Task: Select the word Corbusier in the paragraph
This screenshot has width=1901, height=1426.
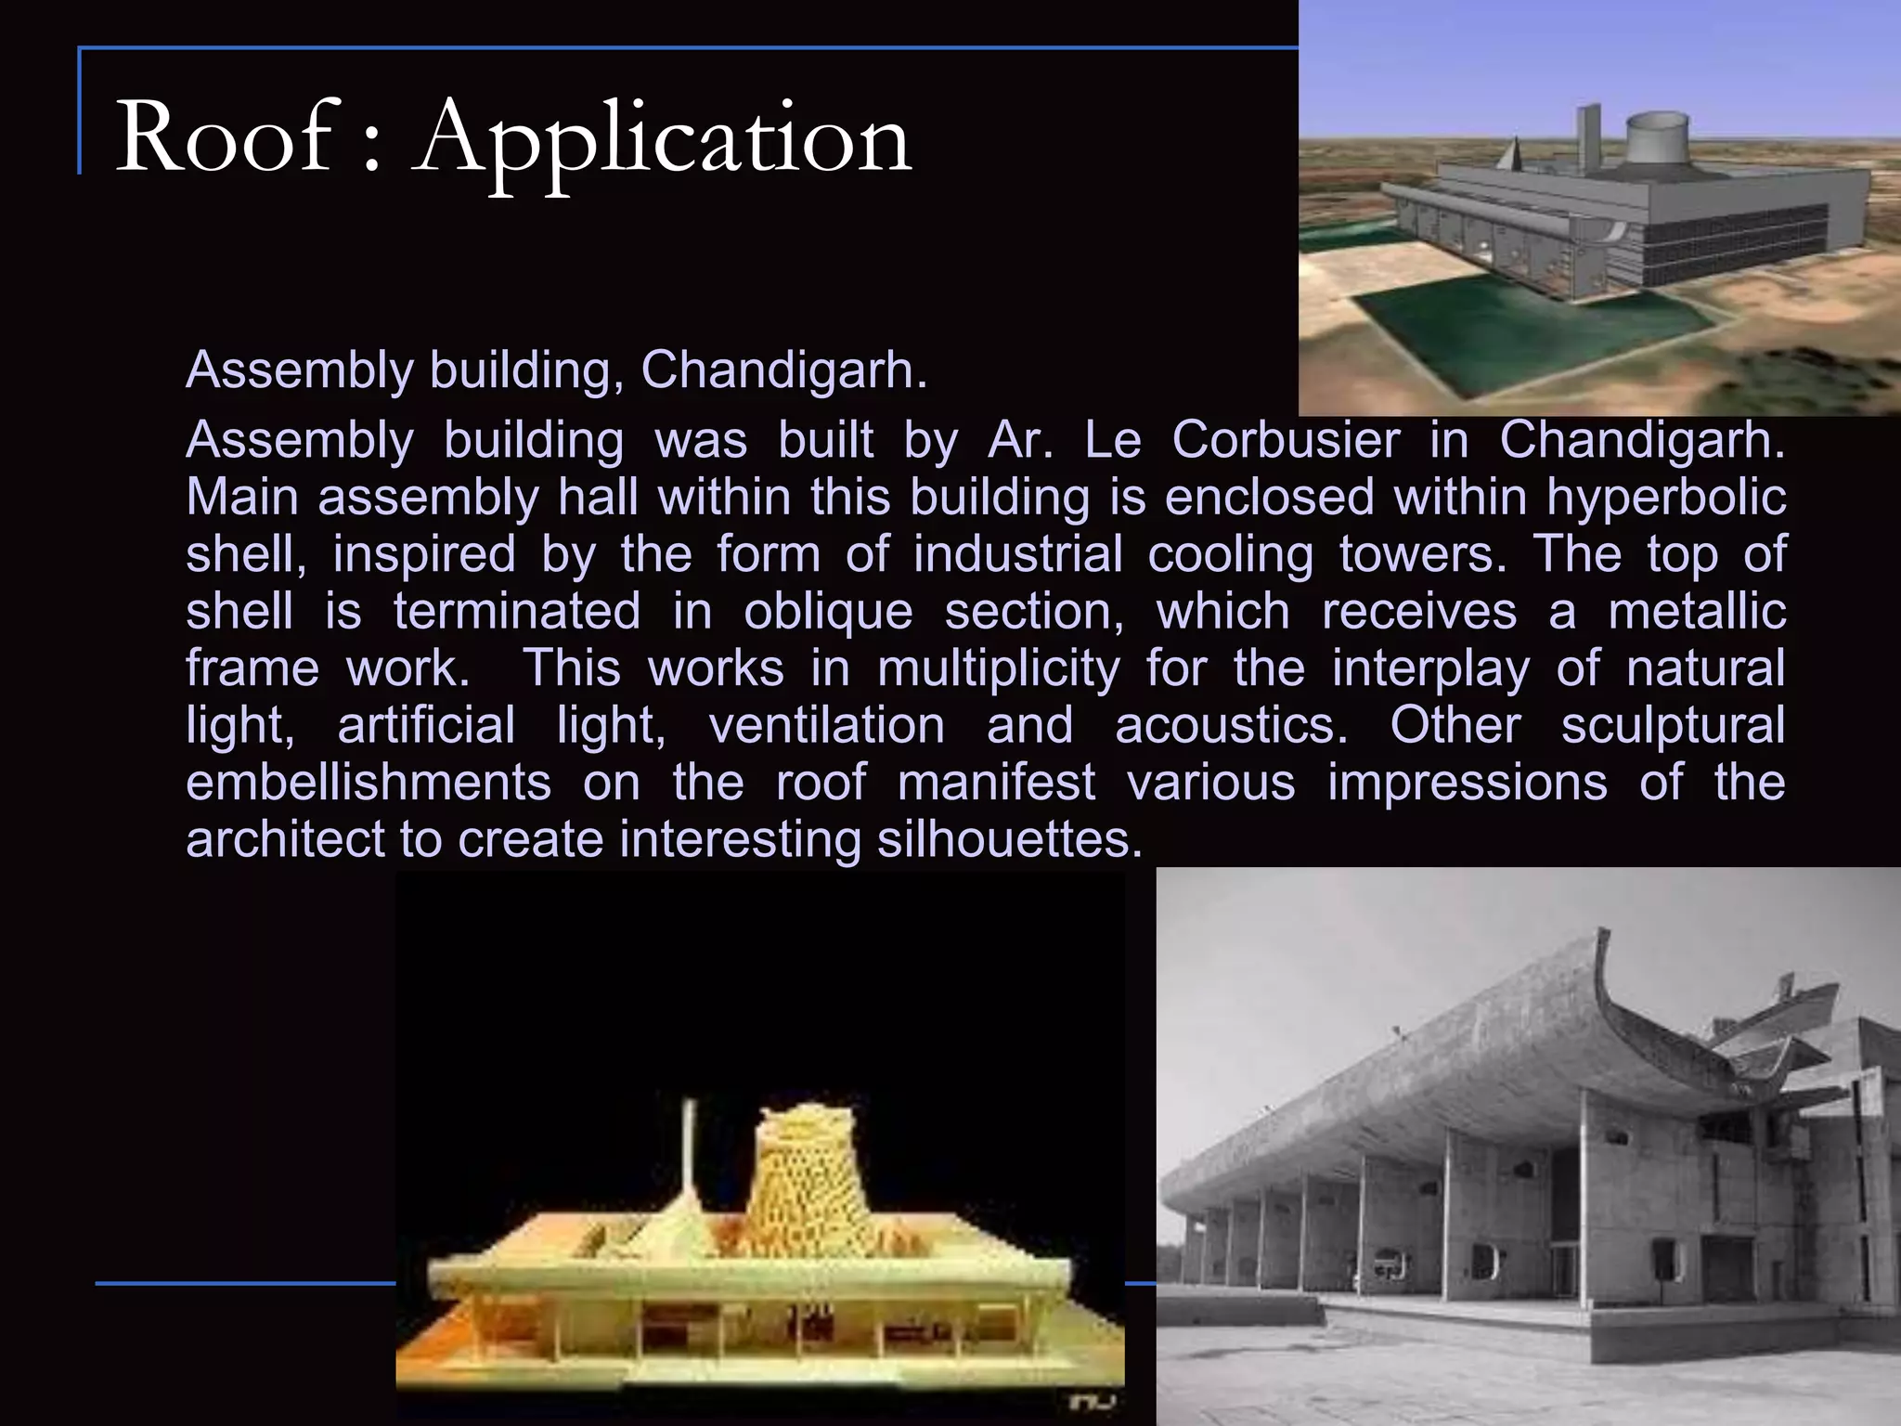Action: [x=1286, y=440]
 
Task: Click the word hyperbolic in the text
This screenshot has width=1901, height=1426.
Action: [x=1666, y=498]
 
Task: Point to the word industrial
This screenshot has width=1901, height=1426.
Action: [x=1018, y=554]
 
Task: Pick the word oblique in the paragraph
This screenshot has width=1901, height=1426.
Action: [x=828, y=612]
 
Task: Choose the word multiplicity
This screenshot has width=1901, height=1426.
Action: [x=999, y=669]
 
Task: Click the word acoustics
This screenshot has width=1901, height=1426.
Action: [x=1231, y=725]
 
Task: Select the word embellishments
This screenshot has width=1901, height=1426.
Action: [x=369, y=783]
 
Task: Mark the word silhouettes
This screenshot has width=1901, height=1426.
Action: [x=1009, y=839]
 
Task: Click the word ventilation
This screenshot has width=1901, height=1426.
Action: [x=827, y=725]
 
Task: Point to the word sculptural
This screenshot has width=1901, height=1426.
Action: [x=1673, y=725]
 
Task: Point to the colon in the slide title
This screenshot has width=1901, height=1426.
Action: [x=371, y=149]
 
